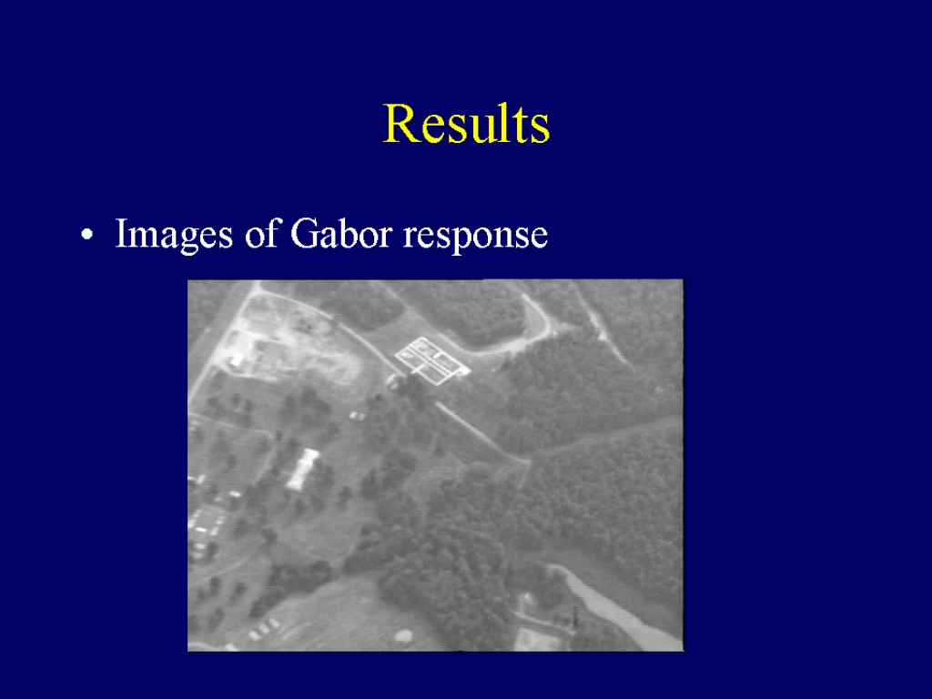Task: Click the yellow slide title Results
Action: (467, 123)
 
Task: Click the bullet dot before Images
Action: (86, 235)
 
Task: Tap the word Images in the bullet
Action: (174, 235)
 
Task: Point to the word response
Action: (475, 238)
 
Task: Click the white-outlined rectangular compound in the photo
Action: (432, 360)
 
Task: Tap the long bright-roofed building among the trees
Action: (303, 469)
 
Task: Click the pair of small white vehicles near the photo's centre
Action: (357, 415)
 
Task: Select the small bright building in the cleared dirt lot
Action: (237, 360)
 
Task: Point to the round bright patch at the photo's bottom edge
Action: (403, 636)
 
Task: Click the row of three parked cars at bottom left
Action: (264, 629)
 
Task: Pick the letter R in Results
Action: (399, 124)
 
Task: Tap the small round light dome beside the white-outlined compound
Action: (393, 380)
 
